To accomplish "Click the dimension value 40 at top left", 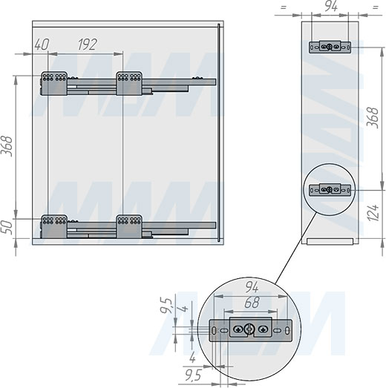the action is pos(42,45).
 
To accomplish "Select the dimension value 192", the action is pos(88,45).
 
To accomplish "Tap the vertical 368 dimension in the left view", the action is pos(7,146).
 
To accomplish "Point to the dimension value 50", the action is pos(7,228).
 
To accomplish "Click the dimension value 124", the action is pos(373,213).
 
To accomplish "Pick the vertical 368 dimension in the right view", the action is pos(373,118).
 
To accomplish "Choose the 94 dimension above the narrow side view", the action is pos(331,6).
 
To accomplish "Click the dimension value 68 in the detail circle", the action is pos(252,303).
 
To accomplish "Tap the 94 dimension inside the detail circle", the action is pos(252,288).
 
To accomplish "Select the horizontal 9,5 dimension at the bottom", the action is pos(193,376).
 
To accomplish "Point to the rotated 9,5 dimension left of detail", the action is pos(166,306).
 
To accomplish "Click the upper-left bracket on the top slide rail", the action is pos(54,83).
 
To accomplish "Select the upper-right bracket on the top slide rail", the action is pos(129,83).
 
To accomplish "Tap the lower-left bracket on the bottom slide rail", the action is pos(54,226).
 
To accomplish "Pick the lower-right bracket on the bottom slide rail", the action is pos(129,226).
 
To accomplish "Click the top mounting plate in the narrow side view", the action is pos(330,47).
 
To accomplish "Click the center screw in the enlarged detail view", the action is pos(249,329).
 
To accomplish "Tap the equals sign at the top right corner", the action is pos(376,7).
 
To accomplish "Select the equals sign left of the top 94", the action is pos(284,7).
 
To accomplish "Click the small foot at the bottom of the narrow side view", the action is pos(330,242).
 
